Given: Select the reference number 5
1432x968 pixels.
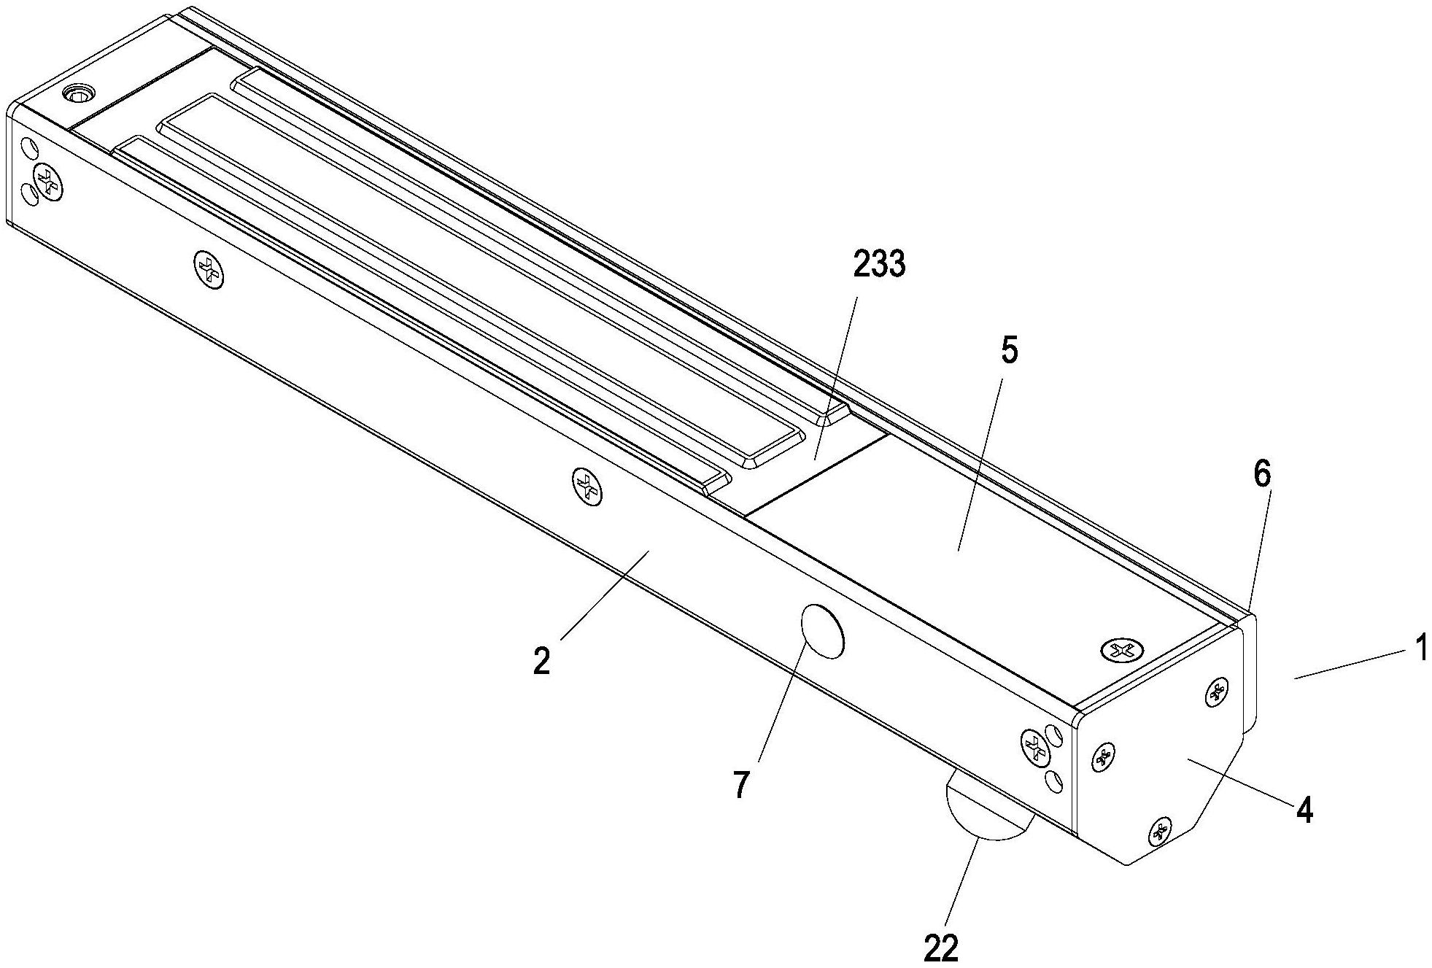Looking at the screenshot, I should point(1008,352).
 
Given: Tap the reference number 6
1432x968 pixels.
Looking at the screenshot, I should point(1261,475).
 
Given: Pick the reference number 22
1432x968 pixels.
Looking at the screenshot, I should point(940,948).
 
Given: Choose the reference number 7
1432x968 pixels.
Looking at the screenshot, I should point(740,786).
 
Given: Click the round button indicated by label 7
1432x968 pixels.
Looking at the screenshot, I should point(822,631).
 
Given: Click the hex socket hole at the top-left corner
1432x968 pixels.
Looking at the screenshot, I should point(77,93).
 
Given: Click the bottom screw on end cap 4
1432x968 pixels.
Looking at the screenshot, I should point(1159,831).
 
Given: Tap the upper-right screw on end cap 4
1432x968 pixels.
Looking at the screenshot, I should point(1215,691).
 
